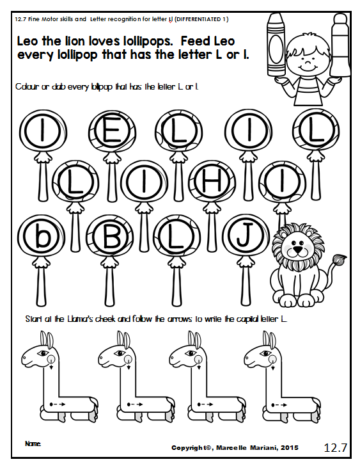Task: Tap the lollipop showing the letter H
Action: point(212,182)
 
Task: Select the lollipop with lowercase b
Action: point(42,236)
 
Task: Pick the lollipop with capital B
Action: point(110,236)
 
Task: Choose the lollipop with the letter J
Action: point(246,236)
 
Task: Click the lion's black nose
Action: point(297,250)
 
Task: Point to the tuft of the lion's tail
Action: point(340,259)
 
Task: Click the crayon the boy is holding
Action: point(276,45)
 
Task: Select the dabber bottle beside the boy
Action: point(340,45)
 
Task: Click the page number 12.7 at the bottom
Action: point(335,447)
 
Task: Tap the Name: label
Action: point(33,443)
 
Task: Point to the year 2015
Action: point(290,448)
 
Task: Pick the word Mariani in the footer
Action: point(265,448)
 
